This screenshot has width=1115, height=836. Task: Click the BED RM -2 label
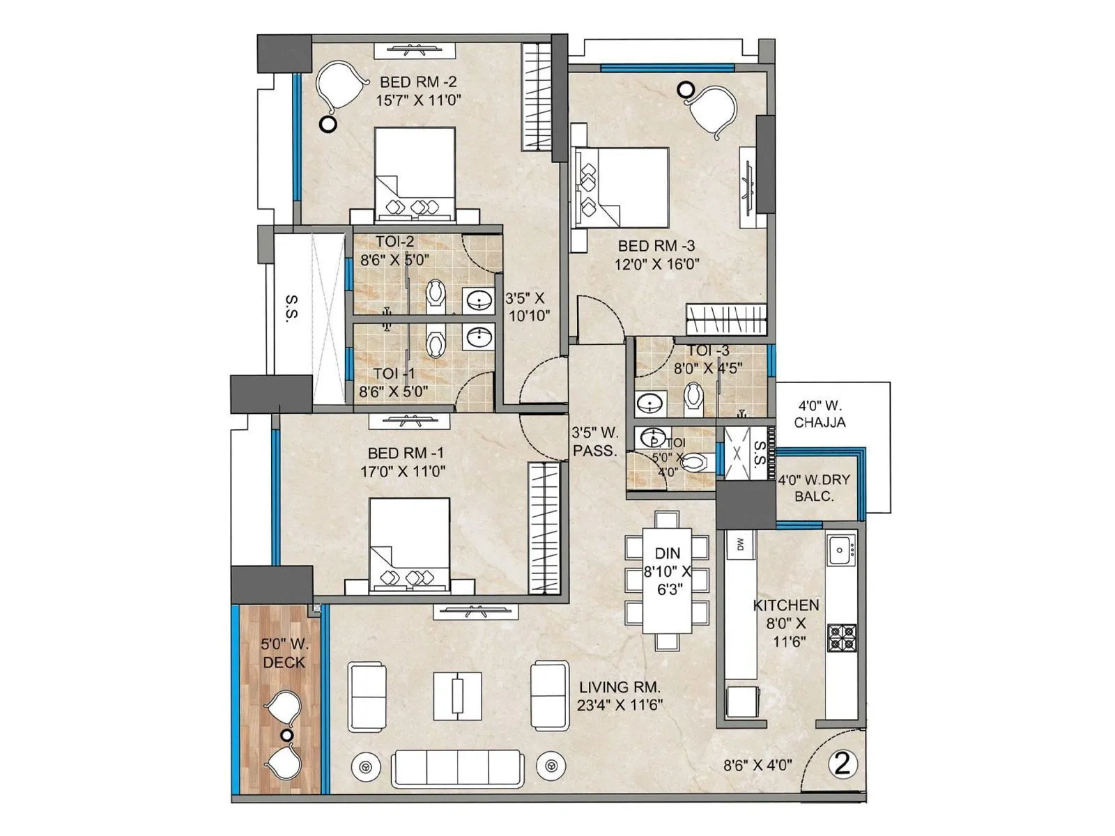coord(418,82)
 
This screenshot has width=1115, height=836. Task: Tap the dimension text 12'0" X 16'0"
coord(656,264)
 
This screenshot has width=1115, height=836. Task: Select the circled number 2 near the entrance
coord(842,764)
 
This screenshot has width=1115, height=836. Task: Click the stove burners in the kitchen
coord(842,638)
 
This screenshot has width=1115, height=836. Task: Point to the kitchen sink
coord(841,550)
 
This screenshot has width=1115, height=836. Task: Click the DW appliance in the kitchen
coord(740,544)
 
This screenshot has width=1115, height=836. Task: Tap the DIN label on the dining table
coord(667,554)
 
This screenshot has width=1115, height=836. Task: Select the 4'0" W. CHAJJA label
coord(820,414)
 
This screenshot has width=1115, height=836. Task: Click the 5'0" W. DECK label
coord(284,653)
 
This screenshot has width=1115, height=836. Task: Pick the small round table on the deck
coord(286,735)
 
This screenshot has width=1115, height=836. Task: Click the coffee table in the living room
coord(457,695)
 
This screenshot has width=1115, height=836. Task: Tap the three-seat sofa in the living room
coord(457,768)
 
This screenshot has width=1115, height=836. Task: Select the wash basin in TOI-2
coord(478,302)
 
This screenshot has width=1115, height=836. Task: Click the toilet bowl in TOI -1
coord(436,343)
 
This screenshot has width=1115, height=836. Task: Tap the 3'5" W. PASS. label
coord(594,441)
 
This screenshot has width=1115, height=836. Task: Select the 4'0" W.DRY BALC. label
coord(814,488)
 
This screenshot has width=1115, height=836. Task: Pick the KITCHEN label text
coord(786,605)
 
